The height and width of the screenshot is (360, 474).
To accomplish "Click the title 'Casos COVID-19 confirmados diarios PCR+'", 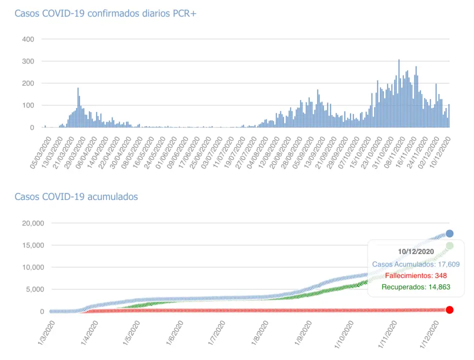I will [105, 13].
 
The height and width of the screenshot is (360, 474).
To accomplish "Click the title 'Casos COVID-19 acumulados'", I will [76, 197].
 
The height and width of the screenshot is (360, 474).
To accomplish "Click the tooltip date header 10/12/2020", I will [415, 251].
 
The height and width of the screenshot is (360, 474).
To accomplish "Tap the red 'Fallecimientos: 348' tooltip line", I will [415, 275].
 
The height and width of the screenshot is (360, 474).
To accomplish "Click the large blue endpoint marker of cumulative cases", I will [449, 233].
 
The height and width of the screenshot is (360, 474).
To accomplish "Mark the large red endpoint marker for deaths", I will [449, 310].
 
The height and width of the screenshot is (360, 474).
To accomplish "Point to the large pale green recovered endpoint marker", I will [449, 246].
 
